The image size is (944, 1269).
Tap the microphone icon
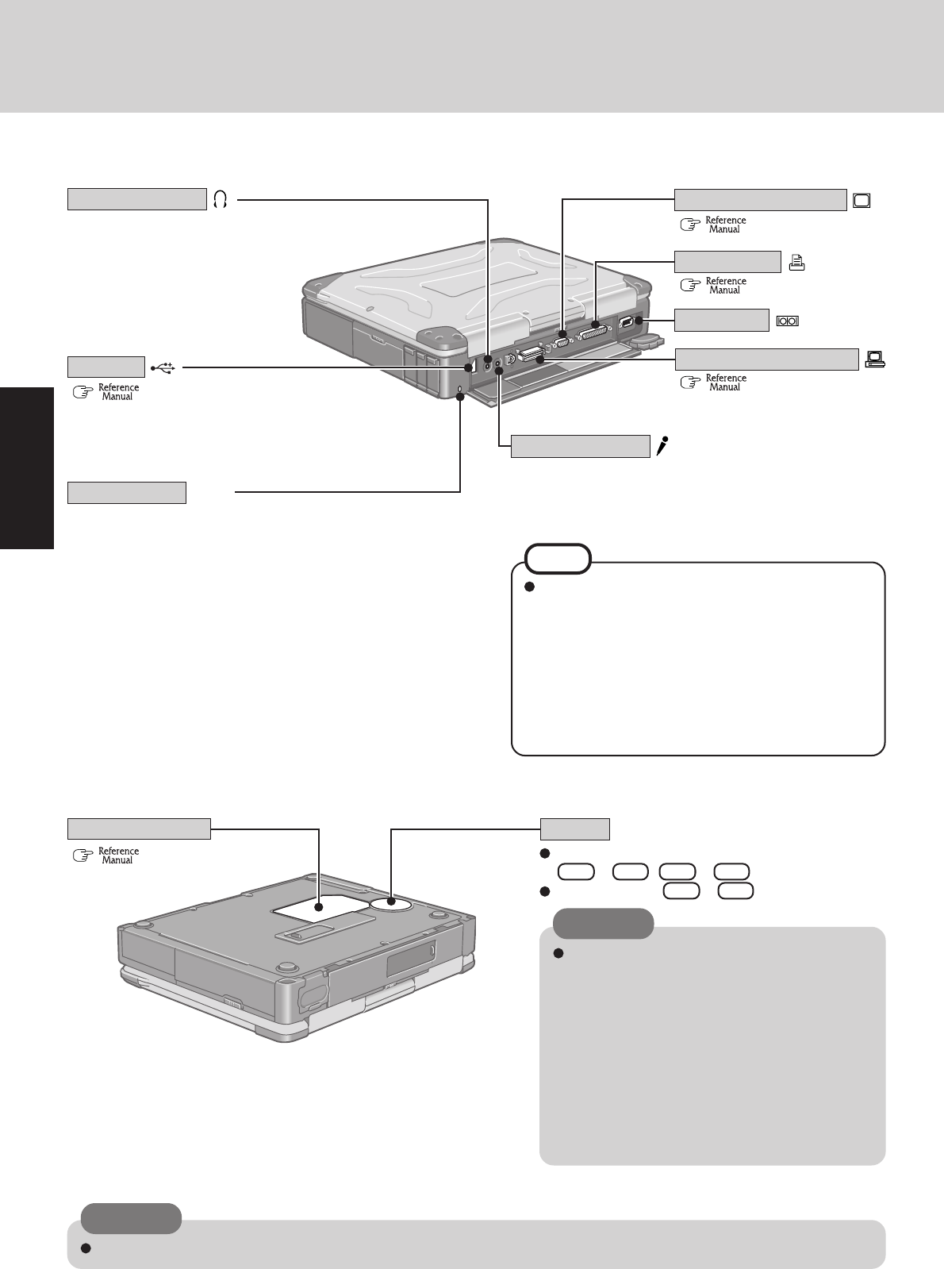661,446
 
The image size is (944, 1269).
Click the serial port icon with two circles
788,321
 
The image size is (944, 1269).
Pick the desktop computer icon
874,360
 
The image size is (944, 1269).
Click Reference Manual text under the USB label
118,392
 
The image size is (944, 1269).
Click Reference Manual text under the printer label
726,286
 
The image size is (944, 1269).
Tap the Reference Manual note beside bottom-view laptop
118,856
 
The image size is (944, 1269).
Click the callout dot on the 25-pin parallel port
594,325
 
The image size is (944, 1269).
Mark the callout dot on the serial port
637,321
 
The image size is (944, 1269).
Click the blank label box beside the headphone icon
136,199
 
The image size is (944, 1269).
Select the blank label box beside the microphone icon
580,446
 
